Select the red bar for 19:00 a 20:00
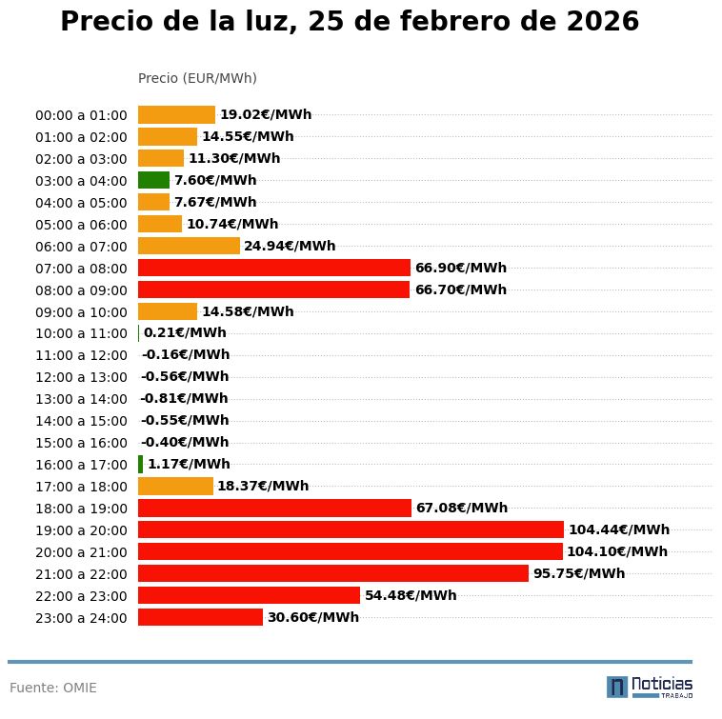coord(351,529)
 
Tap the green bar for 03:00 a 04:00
coord(153,180)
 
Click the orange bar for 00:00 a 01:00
coord(176,114)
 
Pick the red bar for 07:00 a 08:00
coord(274,268)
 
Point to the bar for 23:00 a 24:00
coord(200,617)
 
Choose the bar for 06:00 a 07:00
coord(189,246)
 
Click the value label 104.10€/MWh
coord(616,551)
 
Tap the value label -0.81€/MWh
coord(184,398)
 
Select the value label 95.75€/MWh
coord(578,573)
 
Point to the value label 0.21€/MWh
coord(185,332)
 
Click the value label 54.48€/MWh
coord(411,595)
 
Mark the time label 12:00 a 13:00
coord(81,377)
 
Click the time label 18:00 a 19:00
coord(81,509)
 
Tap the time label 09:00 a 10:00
coord(81,311)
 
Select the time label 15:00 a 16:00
coord(81,443)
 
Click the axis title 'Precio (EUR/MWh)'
coord(197,78)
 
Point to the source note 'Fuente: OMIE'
coord(53,688)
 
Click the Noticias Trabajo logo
coord(649,686)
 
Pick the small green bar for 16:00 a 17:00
coord(140,464)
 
